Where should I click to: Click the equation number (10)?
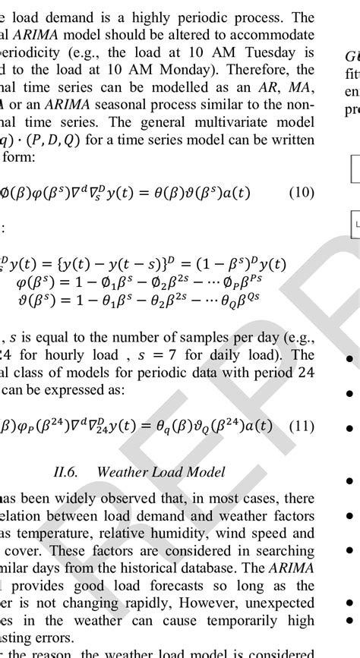click(x=301, y=193)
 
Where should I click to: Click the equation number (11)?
click(x=302, y=427)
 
